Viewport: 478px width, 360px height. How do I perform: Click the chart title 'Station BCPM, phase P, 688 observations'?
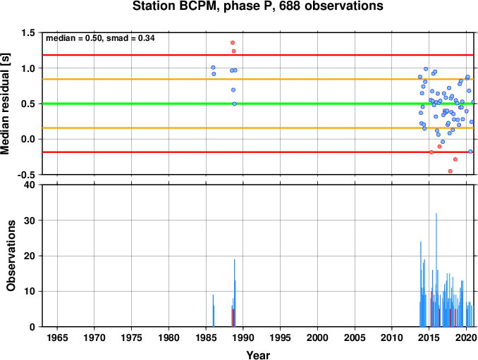[x=258, y=6]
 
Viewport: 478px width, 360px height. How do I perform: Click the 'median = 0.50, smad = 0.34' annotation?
[x=100, y=38]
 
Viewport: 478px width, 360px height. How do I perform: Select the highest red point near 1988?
[x=233, y=43]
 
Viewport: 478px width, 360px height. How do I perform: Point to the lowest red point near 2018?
[x=451, y=171]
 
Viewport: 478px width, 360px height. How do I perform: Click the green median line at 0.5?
[x=258, y=104]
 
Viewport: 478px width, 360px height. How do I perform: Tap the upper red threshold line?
[x=258, y=55]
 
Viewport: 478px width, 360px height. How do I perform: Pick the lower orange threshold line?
[x=258, y=128]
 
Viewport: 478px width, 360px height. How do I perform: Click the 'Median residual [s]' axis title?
[x=5, y=104]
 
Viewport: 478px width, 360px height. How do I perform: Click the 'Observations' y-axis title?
[x=11, y=256]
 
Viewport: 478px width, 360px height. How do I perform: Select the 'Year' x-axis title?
[x=258, y=355]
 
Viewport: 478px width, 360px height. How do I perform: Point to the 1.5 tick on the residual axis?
[x=28, y=32]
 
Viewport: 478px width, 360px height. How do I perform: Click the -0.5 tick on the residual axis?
[x=26, y=175]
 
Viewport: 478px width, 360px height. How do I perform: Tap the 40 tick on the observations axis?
[x=30, y=185]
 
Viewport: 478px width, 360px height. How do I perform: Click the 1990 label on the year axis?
[x=243, y=337]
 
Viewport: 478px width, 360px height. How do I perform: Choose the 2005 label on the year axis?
[x=355, y=337]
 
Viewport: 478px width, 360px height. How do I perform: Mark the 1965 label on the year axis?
[x=57, y=337]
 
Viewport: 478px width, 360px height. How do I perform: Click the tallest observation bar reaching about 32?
[x=436, y=270]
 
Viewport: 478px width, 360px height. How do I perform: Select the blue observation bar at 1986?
[x=213, y=311]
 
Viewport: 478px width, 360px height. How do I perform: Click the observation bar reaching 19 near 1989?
[x=235, y=293]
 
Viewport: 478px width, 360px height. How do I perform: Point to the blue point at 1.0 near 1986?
[x=213, y=68]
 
